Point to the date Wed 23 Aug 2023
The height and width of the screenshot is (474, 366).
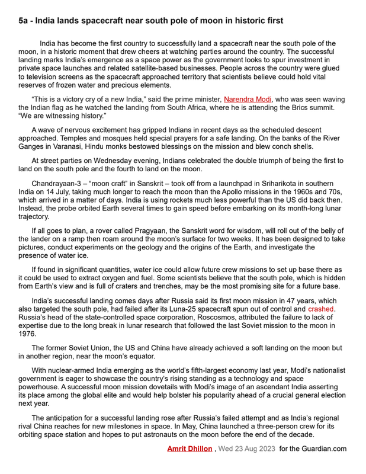(247, 449)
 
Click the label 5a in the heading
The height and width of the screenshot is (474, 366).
(25, 21)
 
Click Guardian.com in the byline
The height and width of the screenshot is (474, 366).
(326, 449)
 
